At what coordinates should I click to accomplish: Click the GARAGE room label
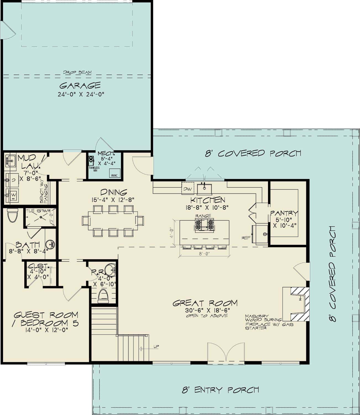(x=80, y=85)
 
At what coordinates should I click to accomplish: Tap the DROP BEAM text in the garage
(x=77, y=72)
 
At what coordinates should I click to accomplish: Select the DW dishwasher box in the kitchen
(x=188, y=189)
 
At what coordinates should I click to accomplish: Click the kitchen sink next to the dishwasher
(x=204, y=188)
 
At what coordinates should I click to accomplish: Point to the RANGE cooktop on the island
(x=204, y=224)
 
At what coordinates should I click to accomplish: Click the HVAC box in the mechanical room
(x=114, y=173)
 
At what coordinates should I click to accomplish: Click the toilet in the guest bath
(x=12, y=215)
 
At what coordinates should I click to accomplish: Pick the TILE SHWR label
(x=38, y=211)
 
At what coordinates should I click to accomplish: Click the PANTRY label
(x=284, y=213)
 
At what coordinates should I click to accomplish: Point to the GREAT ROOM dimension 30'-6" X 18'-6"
(x=207, y=310)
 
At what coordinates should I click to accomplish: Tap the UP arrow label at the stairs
(x=156, y=346)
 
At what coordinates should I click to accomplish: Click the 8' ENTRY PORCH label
(x=220, y=390)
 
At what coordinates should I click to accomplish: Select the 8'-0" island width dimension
(x=204, y=253)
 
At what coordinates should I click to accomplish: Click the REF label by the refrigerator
(x=246, y=237)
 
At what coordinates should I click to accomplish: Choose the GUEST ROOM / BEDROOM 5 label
(x=46, y=319)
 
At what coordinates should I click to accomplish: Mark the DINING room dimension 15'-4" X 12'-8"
(x=113, y=199)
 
